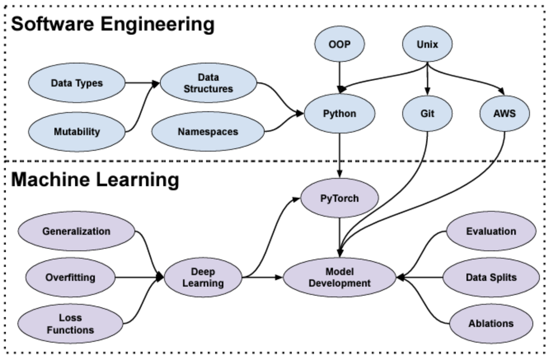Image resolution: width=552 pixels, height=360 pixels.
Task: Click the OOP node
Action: click(340, 45)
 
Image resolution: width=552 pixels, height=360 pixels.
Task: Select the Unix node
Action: click(427, 45)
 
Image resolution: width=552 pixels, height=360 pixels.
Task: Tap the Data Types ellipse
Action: click(77, 83)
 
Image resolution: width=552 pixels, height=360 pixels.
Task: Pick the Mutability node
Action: click(77, 131)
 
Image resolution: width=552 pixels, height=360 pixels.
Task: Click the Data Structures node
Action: click(209, 83)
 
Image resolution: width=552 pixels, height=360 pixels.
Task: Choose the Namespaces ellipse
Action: click(208, 131)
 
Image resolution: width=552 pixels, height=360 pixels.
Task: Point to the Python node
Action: click(340, 114)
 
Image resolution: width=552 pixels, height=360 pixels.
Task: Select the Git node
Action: click(428, 114)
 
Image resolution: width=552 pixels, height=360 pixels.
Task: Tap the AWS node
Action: click(503, 114)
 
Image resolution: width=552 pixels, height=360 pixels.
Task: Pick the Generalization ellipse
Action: click(76, 231)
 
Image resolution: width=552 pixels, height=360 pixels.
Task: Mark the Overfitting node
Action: click(70, 277)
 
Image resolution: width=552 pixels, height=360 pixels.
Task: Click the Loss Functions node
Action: click(70, 324)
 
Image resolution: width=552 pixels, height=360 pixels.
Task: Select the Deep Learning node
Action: click(203, 277)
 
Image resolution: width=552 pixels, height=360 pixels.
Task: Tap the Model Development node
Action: click(340, 277)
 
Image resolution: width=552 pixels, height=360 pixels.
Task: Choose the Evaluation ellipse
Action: click(491, 231)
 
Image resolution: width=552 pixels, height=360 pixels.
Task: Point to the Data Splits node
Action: click(491, 277)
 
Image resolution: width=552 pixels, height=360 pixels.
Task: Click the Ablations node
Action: click(491, 323)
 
